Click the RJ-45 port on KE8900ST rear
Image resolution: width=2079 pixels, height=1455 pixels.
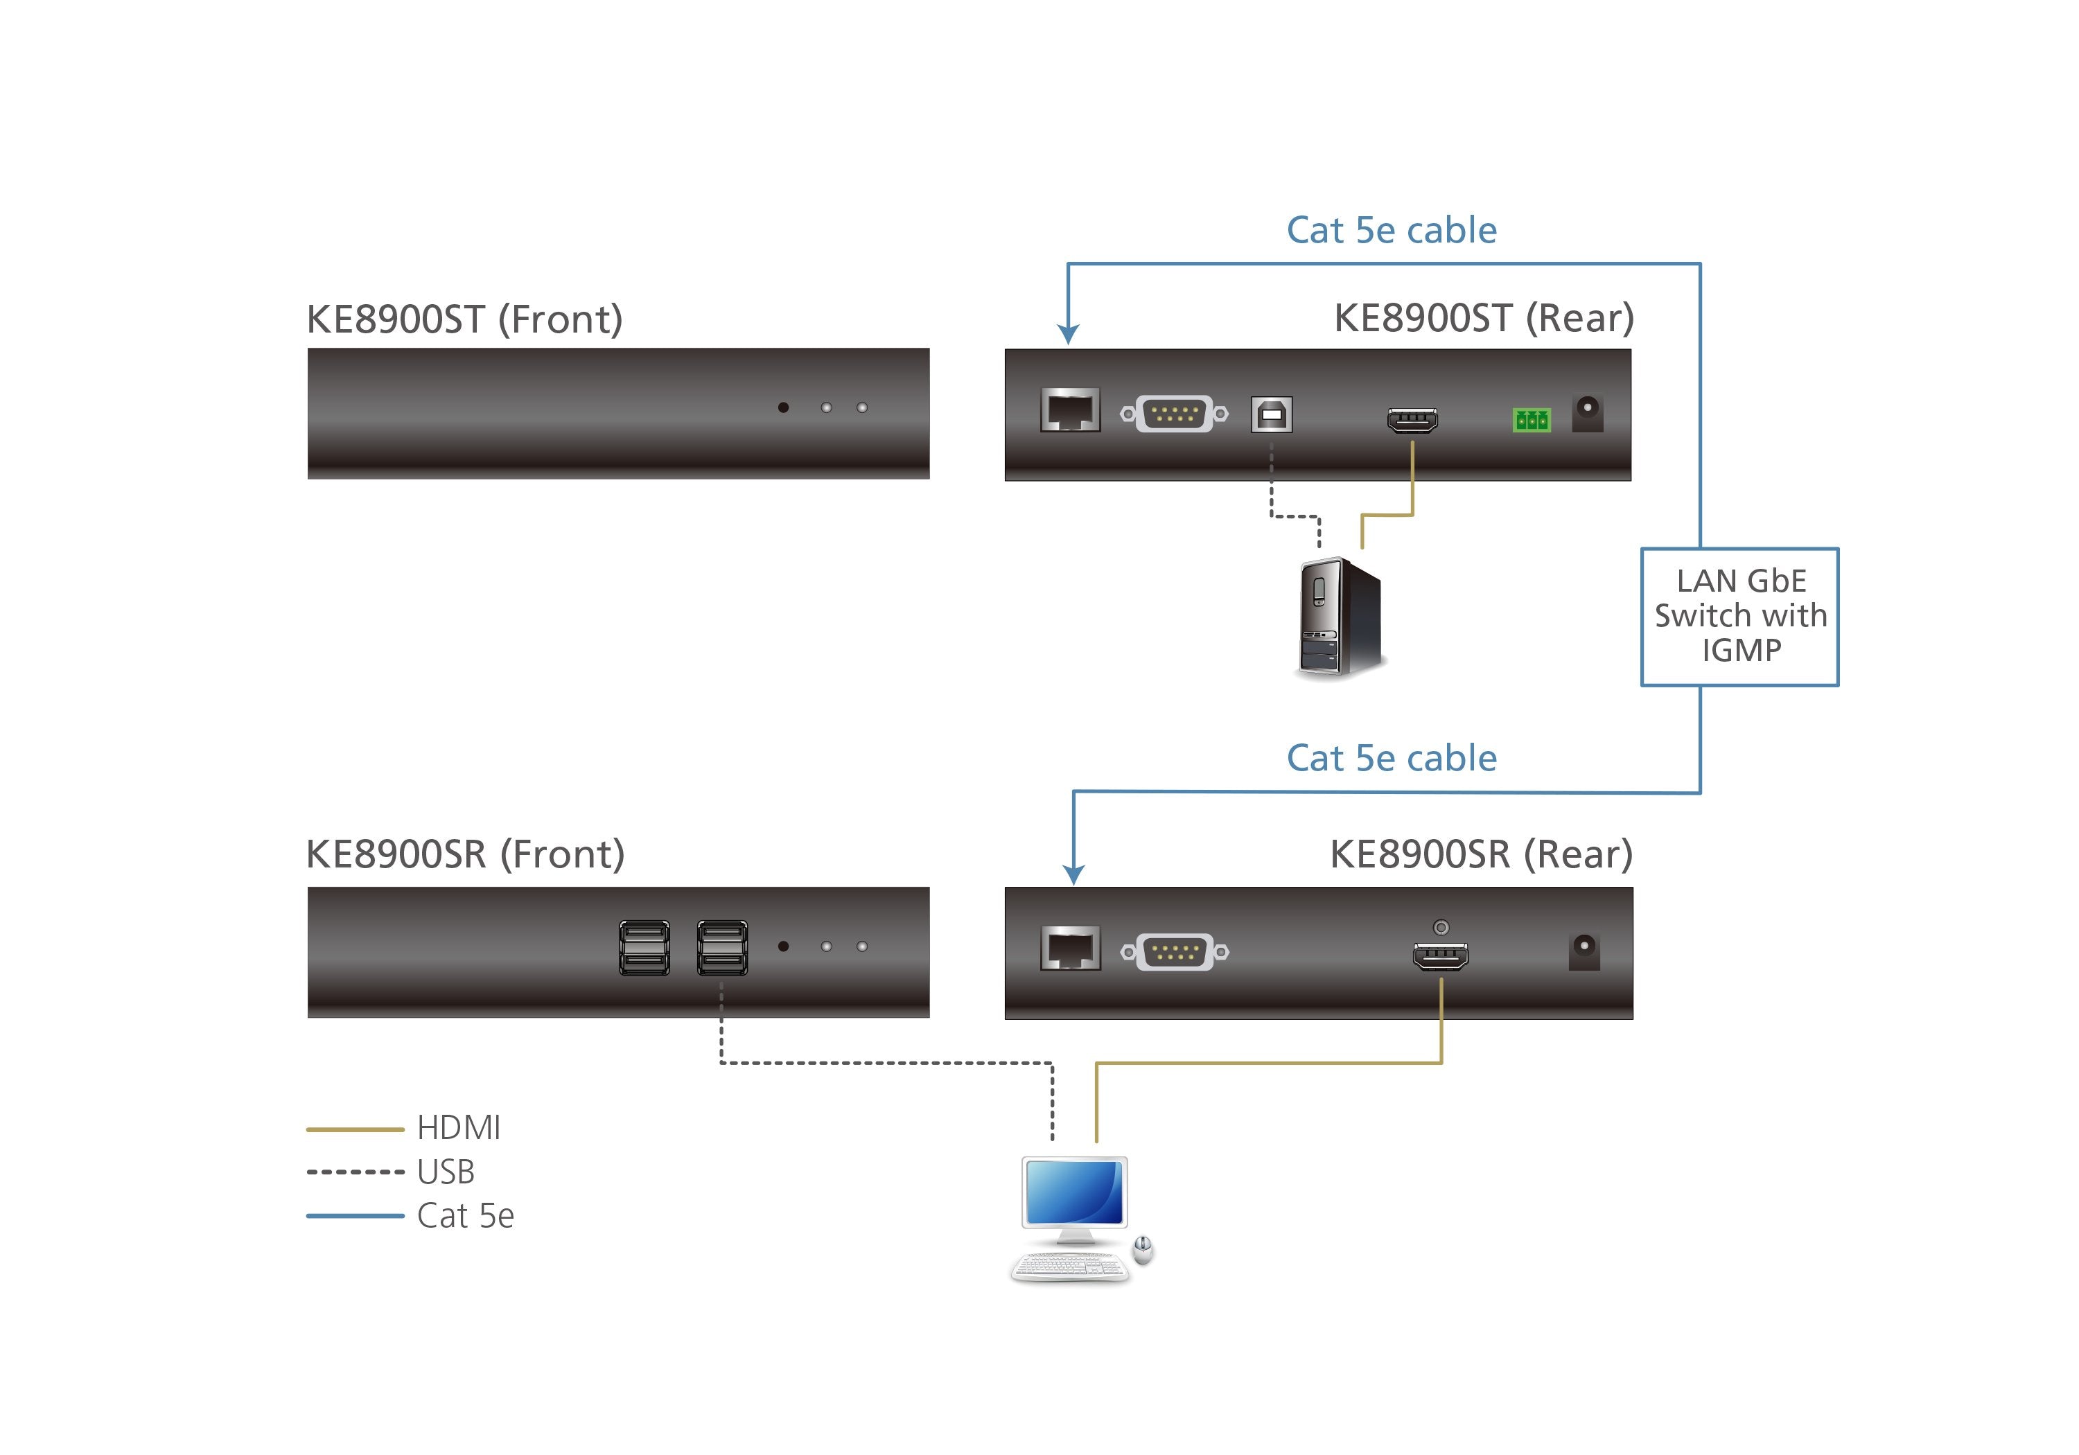[x=1069, y=410]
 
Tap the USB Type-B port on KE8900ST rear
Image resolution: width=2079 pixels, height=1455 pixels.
[x=1271, y=415]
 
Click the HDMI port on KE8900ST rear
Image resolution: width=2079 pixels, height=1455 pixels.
[x=1412, y=420]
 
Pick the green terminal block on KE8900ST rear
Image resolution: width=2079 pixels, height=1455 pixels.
[x=1531, y=419]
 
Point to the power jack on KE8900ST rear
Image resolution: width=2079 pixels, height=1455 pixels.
[x=1588, y=414]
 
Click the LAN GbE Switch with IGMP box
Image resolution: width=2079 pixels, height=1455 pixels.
[x=1739, y=617]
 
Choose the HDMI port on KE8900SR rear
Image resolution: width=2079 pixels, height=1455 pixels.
[x=1441, y=956]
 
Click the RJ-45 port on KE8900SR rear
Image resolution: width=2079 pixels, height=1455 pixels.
[x=1070, y=948]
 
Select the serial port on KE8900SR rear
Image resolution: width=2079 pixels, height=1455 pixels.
[x=1175, y=951]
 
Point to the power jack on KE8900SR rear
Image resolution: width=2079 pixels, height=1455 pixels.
[x=1584, y=951]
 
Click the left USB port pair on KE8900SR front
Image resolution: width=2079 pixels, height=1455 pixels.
[x=644, y=947]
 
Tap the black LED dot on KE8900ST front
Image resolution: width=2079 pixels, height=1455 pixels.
[x=783, y=407]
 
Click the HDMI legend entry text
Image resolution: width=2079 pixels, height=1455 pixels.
[x=458, y=1127]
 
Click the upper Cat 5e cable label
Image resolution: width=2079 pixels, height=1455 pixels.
[x=1391, y=230]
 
